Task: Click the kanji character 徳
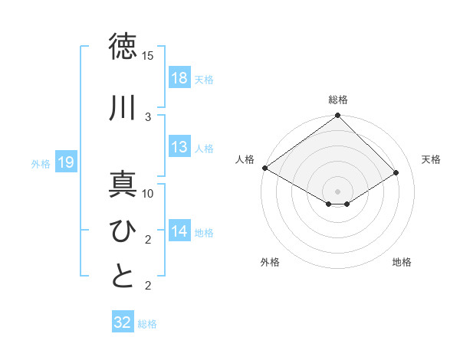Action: [x=123, y=46]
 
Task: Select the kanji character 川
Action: [x=123, y=108]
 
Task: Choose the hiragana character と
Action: [x=123, y=277]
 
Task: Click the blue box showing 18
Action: [x=179, y=79]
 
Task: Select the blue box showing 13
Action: [x=179, y=148]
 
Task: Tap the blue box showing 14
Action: [x=179, y=232]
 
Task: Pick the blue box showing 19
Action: [x=65, y=162]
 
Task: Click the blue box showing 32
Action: [x=123, y=322]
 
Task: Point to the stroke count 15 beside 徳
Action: [x=148, y=56]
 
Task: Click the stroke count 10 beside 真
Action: [x=148, y=194]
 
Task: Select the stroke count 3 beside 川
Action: [x=148, y=116]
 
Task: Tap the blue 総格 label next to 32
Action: [x=147, y=324]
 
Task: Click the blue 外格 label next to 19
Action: [x=41, y=163]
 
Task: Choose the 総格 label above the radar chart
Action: [x=337, y=100]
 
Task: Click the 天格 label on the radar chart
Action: [x=431, y=159]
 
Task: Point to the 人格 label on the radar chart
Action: [x=245, y=159]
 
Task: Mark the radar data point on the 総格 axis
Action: [x=337, y=116]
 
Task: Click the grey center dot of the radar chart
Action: [x=337, y=190]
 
